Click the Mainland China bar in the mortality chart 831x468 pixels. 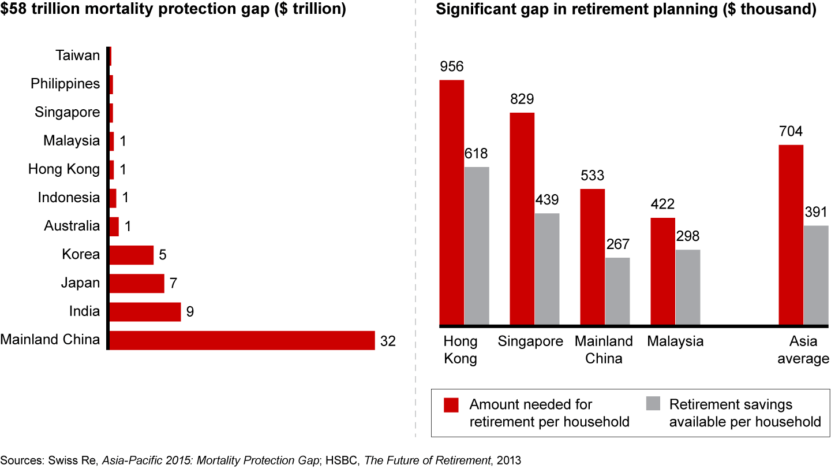pos(242,340)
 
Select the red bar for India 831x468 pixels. pos(145,312)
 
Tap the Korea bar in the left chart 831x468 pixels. pos(131,255)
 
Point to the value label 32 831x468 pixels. pos(387,340)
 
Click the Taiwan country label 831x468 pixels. pos(77,55)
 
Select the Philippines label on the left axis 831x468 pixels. pos(65,84)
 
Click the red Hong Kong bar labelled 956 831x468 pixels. pos(452,202)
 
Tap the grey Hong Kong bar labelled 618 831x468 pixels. pos(477,246)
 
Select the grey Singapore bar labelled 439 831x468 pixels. pos(546,269)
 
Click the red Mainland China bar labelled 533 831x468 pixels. pos(593,257)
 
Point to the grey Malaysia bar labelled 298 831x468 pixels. pos(687,287)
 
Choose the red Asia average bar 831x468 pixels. pos(791,235)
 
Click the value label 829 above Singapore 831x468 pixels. pos(522,99)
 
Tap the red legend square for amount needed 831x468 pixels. pos(451,405)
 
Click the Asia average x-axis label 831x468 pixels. pos(803,350)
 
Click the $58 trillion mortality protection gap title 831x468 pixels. pos(173,10)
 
